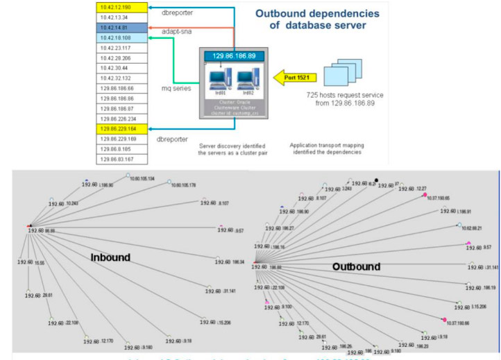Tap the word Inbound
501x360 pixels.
coord(110,257)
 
